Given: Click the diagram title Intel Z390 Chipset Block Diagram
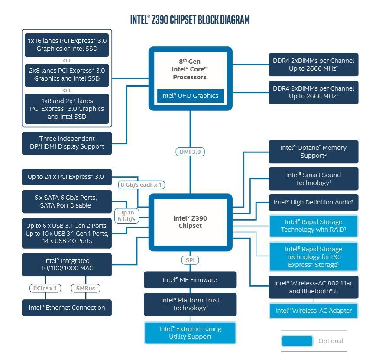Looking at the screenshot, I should point(190,20).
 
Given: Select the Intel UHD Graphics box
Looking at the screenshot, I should point(190,96).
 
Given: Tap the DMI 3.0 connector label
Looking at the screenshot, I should point(190,152).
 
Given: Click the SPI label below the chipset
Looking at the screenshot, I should point(190,260).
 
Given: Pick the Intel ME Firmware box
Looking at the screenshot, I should point(190,280).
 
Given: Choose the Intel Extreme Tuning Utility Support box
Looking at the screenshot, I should point(190,333).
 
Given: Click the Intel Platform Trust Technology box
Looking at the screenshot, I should point(190,304).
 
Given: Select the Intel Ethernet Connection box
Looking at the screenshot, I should point(67,308).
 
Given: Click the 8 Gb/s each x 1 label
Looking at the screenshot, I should point(142,185).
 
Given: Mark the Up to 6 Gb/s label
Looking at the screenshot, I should point(126,216).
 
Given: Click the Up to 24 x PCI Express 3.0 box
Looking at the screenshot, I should point(67,177).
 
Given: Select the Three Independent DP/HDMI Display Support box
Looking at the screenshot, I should point(67,143).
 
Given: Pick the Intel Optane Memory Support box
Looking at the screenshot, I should point(313,152).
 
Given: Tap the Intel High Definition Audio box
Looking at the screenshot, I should point(313,202).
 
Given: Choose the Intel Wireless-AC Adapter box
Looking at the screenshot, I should point(313,311).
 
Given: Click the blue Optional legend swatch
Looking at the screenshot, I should point(297,341).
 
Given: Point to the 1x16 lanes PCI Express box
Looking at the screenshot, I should point(67,45).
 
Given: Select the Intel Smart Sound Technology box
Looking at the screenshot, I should point(313,178).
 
